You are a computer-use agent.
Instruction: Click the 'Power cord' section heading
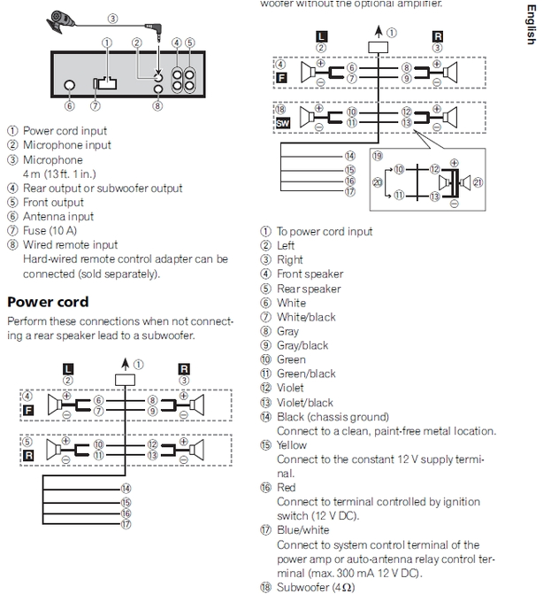[48, 301]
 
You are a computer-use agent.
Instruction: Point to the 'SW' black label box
[283, 124]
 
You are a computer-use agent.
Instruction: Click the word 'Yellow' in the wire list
[292, 445]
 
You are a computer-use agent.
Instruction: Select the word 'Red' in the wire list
[287, 488]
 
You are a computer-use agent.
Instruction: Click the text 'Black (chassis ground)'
[333, 417]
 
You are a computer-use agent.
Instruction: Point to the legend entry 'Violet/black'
[305, 403]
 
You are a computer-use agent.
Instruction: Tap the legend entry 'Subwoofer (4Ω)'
[315, 587]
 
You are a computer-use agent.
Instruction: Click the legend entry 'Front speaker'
[310, 274]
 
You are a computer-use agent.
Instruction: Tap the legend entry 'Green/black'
[306, 374]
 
